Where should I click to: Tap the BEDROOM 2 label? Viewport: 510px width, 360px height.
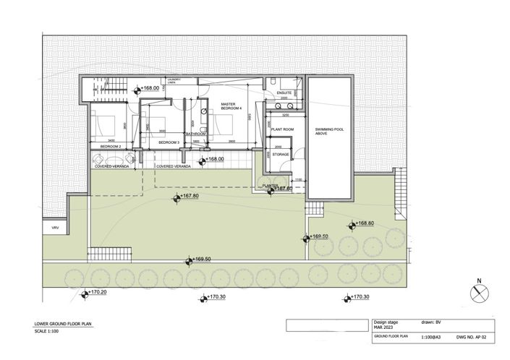pyautogui.click(x=109, y=146)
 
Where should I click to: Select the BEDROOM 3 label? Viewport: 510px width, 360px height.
pyautogui.click(x=169, y=143)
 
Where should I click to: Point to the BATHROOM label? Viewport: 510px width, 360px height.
pyautogui.click(x=196, y=134)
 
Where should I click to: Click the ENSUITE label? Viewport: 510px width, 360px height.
pyautogui.click(x=284, y=93)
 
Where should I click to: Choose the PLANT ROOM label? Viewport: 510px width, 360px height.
pyautogui.click(x=281, y=129)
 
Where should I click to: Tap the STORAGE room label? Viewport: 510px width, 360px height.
pyautogui.click(x=281, y=153)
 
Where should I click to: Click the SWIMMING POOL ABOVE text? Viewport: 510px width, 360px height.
pyautogui.click(x=330, y=132)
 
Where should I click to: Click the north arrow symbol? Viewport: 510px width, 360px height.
pyautogui.click(x=478, y=293)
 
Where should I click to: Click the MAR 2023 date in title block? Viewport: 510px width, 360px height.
pyautogui.click(x=384, y=328)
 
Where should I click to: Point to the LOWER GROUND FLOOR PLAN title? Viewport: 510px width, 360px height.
pyautogui.click(x=64, y=324)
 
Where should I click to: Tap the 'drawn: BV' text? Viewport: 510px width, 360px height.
pyautogui.click(x=432, y=322)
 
